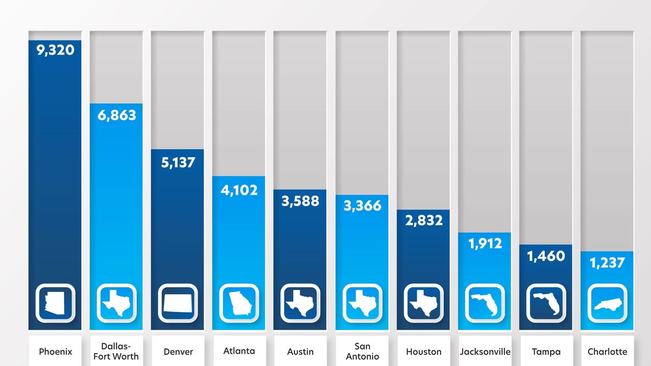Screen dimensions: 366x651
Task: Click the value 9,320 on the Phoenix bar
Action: [x=55, y=51]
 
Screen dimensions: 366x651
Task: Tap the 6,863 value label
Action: [x=116, y=115]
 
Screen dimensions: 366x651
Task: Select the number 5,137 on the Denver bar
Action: [x=177, y=162]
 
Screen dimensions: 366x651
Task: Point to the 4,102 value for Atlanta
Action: [x=239, y=190]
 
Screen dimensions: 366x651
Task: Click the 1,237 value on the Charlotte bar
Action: [x=607, y=264]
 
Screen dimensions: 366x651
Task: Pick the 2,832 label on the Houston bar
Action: [x=423, y=220]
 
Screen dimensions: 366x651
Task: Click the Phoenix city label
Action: [x=55, y=351]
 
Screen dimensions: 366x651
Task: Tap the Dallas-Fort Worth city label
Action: [x=116, y=351]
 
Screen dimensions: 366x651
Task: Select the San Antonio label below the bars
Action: [x=362, y=351]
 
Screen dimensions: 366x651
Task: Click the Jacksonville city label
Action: [x=484, y=351]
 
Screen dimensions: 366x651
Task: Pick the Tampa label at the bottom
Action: [x=546, y=351]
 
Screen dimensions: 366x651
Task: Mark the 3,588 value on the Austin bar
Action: [x=300, y=201]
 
